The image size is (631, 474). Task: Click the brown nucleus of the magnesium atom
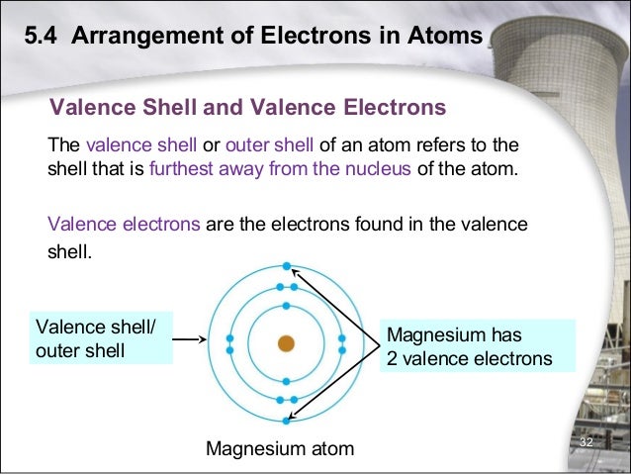pyautogui.click(x=286, y=343)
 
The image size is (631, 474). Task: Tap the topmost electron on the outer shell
pyautogui.click(x=286, y=266)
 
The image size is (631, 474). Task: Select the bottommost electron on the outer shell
pyautogui.click(x=286, y=421)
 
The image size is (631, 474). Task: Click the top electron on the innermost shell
pyautogui.click(x=286, y=306)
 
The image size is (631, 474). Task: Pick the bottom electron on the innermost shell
pyautogui.click(x=286, y=381)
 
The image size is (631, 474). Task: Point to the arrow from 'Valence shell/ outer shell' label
pyautogui.click(x=190, y=339)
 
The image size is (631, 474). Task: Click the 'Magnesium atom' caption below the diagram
pyautogui.click(x=279, y=450)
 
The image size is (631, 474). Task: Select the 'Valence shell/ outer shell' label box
pyautogui.click(x=100, y=338)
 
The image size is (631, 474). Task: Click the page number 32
pyautogui.click(x=586, y=441)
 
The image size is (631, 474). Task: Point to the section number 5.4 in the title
pyautogui.click(x=43, y=38)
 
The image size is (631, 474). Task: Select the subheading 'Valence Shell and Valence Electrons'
pyautogui.click(x=248, y=106)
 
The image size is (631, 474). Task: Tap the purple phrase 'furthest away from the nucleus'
pyautogui.click(x=280, y=167)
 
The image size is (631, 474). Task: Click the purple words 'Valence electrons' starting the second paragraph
pyautogui.click(x=126, y=225)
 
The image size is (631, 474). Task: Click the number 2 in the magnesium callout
pyautogui.click(x=392, y=358)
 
